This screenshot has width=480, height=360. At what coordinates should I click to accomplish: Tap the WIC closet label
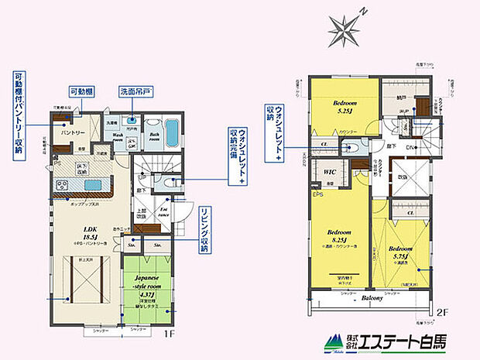point(328,172)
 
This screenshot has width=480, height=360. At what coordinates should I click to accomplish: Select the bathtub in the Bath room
point(171,130)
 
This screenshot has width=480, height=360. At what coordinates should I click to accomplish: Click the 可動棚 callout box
point(83,91)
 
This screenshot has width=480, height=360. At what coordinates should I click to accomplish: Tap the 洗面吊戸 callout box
point(135,91)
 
